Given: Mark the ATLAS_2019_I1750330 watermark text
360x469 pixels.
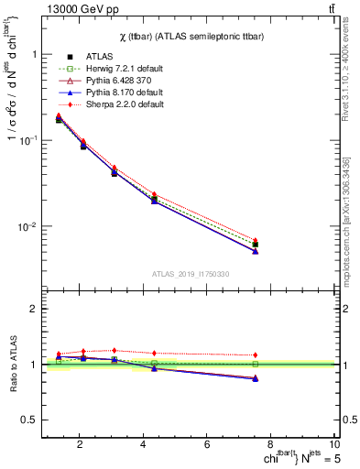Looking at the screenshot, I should point(191,274).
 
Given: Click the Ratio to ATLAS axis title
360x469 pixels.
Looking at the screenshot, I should point(13,364).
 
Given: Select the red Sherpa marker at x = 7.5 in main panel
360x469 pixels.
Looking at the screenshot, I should point(256,241).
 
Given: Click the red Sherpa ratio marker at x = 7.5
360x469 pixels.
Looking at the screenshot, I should point(256,354).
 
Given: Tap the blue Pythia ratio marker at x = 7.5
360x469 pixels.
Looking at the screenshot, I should point(256,377).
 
